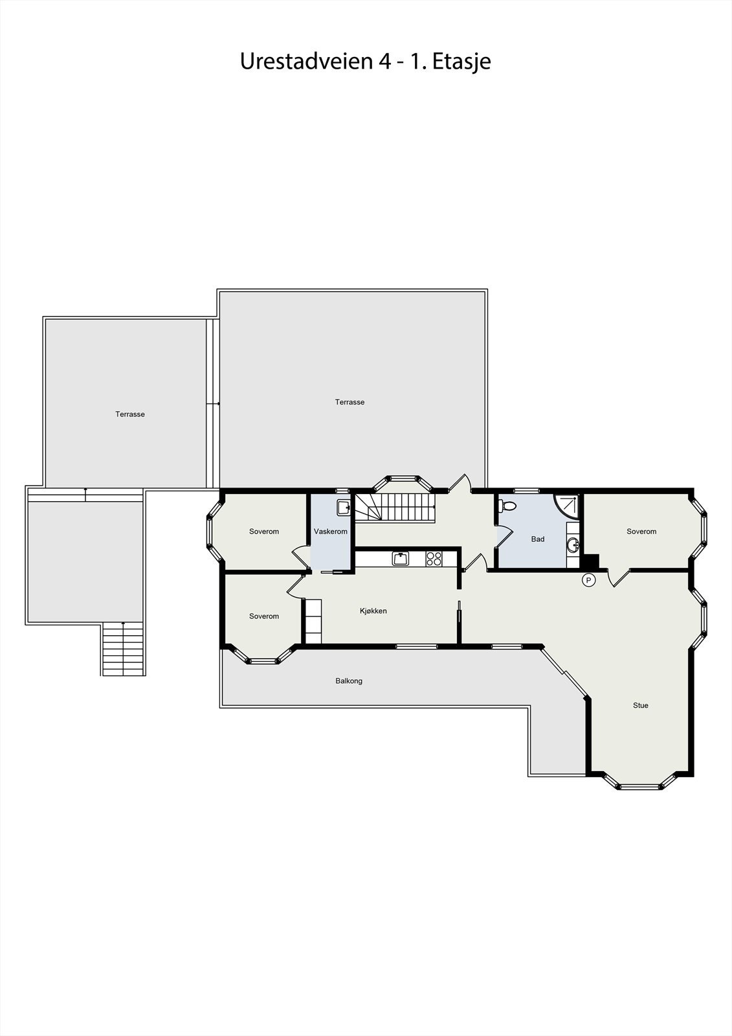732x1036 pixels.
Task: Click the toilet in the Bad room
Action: (509, 506)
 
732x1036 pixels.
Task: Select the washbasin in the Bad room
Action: (573, 545)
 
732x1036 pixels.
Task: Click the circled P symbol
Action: (589, 580)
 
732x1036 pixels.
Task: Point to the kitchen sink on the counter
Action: (401, 558)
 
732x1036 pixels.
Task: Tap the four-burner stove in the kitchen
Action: (434, 558)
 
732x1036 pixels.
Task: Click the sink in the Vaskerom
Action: (343, 506)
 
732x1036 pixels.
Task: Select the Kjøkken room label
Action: (373, 611)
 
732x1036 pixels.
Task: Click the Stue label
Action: (640, 705)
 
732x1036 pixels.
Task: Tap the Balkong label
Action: (349, 681)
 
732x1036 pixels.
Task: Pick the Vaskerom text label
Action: (330, 532)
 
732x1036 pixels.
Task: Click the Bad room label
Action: (538, 539)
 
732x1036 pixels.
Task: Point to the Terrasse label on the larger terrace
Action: (349, 402)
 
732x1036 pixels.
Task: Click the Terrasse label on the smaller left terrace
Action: (130, 414)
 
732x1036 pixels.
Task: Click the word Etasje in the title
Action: (461, 62)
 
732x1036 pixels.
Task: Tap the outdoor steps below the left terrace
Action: (124, 649)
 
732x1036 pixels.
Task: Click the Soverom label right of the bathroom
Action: (641, 532)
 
